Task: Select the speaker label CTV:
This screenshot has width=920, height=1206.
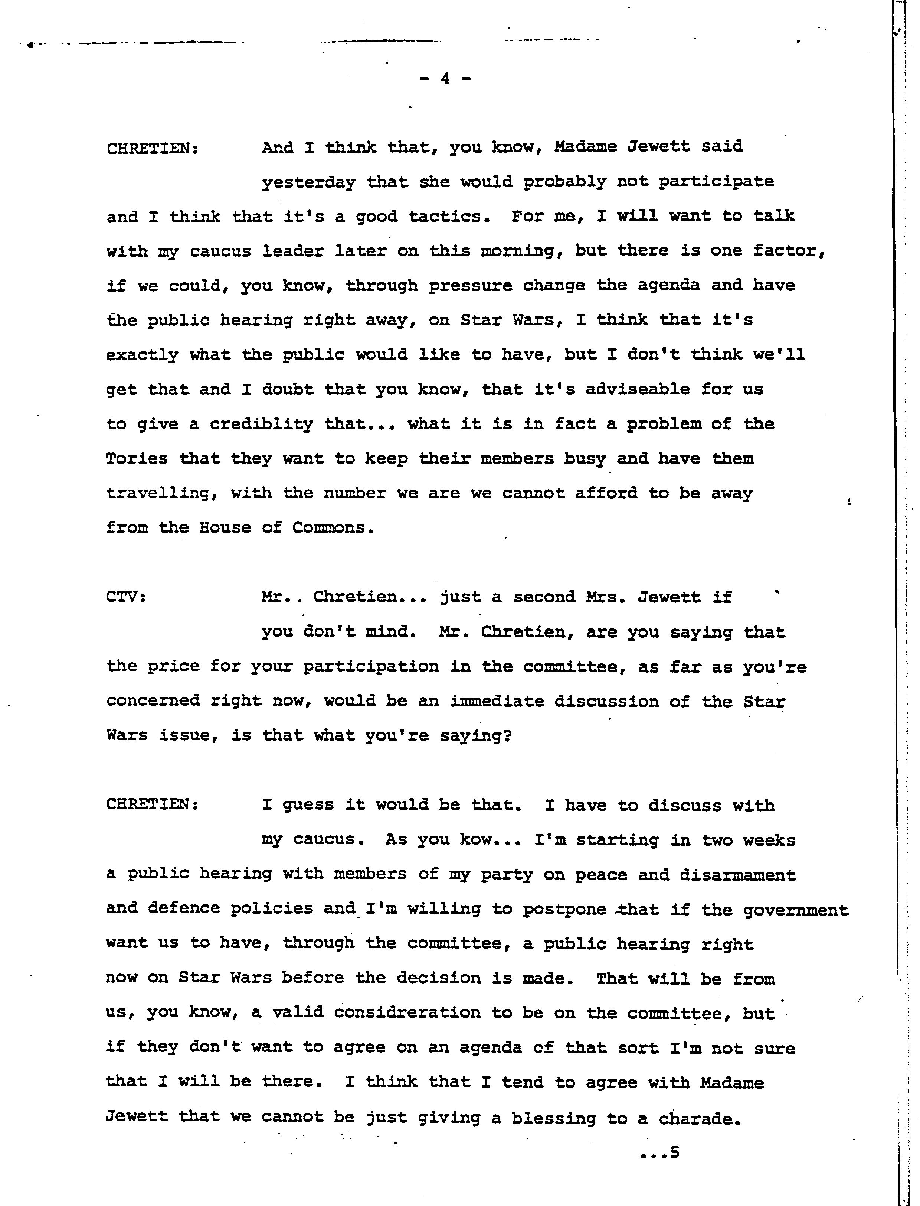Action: [x=126, y=597]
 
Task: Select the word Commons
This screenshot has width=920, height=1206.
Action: [x=333, y=528]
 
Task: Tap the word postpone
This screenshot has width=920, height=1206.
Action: [x=564, y=910]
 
